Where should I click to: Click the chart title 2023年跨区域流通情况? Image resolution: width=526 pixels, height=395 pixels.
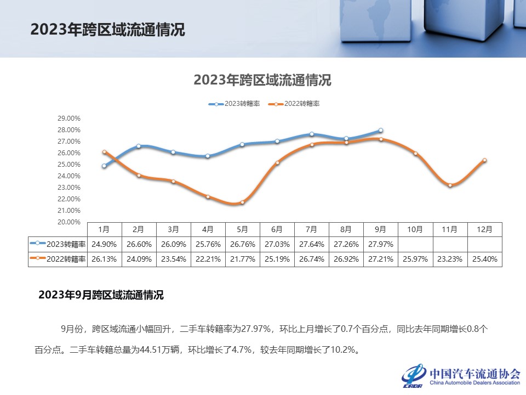tap(262, 80)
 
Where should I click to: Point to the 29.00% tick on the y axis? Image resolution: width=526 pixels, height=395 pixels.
tap(70, 119)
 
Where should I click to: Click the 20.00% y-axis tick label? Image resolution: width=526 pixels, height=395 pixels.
tap(70, 222)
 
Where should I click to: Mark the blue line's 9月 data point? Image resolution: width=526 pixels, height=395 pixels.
tap(381, 131)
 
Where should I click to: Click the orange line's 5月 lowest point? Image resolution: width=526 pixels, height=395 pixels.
tap(242, 202)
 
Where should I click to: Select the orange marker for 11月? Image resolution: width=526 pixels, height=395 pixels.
tap(450, 185)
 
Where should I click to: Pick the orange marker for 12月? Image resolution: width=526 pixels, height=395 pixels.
tap(484, 160)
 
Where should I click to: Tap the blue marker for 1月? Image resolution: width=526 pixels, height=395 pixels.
tap(104, 166)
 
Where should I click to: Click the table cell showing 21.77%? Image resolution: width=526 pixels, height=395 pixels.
tap(242, 259)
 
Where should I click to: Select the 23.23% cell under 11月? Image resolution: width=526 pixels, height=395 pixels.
tap(450, 259)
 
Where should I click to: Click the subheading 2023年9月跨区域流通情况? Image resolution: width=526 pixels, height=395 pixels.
tap(101, 295)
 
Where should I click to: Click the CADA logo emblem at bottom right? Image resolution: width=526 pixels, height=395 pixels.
tap(414, 375)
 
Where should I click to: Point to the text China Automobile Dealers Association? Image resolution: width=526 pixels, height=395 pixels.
tap(475, 382)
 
